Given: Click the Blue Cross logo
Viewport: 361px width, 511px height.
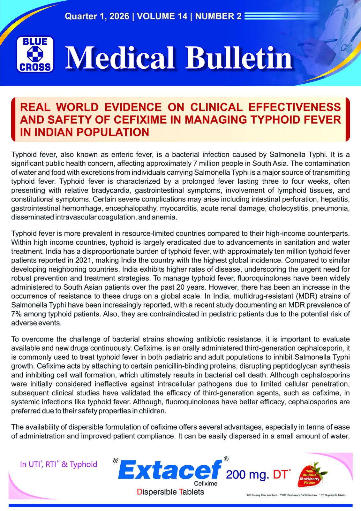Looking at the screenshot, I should [35, 54].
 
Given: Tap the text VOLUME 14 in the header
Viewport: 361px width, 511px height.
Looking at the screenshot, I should [162, 16].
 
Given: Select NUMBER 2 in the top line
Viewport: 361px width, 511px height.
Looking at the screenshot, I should [218, 16].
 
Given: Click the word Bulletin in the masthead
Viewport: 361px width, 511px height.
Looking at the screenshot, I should [239, 58].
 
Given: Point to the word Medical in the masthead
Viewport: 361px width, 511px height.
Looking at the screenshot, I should [120, 58].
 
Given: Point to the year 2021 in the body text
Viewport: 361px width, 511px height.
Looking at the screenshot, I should [86, 260].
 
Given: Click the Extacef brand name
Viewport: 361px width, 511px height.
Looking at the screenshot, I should [170, 470].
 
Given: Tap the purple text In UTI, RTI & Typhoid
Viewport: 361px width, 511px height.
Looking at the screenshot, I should [58, 464].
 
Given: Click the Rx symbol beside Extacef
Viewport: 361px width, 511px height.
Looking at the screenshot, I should [115, 461].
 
